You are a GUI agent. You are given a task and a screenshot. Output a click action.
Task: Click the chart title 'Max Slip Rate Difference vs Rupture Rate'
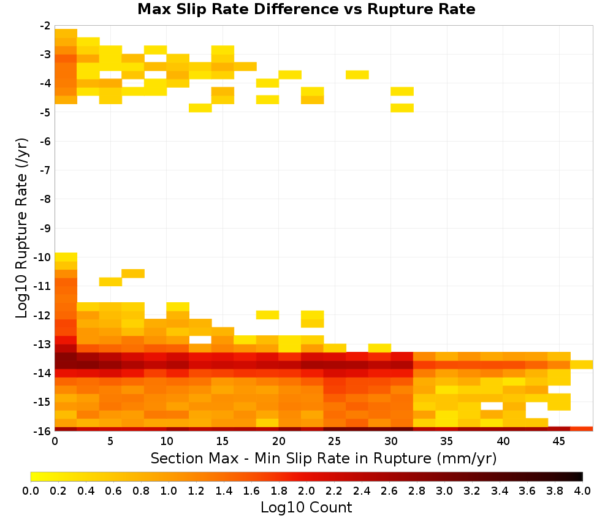(306, 9)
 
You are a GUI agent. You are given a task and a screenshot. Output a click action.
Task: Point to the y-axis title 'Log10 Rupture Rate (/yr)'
(21, 228)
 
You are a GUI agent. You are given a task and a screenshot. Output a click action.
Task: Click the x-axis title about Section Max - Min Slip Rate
(324, 458)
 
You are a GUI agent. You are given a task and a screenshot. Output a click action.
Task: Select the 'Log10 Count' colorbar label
(306, 508)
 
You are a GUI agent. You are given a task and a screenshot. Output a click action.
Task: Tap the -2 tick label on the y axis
(45, 26)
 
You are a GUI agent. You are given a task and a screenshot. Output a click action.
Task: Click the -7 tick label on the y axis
(45, 170)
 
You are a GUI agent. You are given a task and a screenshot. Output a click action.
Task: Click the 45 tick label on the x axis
(558, 441)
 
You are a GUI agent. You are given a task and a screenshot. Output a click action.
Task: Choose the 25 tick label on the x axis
(334, 441)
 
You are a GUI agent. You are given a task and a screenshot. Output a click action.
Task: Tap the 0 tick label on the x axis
(55, 441)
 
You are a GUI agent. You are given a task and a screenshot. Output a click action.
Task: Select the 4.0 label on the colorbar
(582, 490)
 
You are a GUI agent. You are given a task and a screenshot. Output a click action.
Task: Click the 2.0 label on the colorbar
(306, 490)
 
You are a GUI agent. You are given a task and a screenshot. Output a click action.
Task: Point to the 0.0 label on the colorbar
(31, 490)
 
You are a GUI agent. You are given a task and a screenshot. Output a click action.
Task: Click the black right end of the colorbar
(581, 476)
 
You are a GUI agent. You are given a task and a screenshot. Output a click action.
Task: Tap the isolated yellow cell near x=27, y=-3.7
(357, 75)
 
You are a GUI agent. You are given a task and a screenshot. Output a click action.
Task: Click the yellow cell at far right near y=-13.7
(582, 365)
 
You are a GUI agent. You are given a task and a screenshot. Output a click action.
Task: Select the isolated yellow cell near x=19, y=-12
(267, 314)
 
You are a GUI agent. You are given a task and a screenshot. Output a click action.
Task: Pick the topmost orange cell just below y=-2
(66, 33)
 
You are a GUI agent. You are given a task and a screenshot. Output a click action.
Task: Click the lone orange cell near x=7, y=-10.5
(133, 273)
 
